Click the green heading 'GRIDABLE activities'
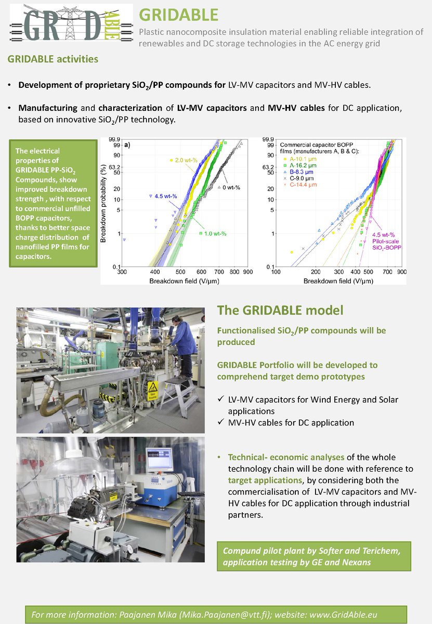(x=53, y=59)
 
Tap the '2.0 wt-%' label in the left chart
(x=186, y=160)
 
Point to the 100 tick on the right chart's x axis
(x=276, y=272)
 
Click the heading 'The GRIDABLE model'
(x=280, y=310)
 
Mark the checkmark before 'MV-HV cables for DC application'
(x=220, y=422)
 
